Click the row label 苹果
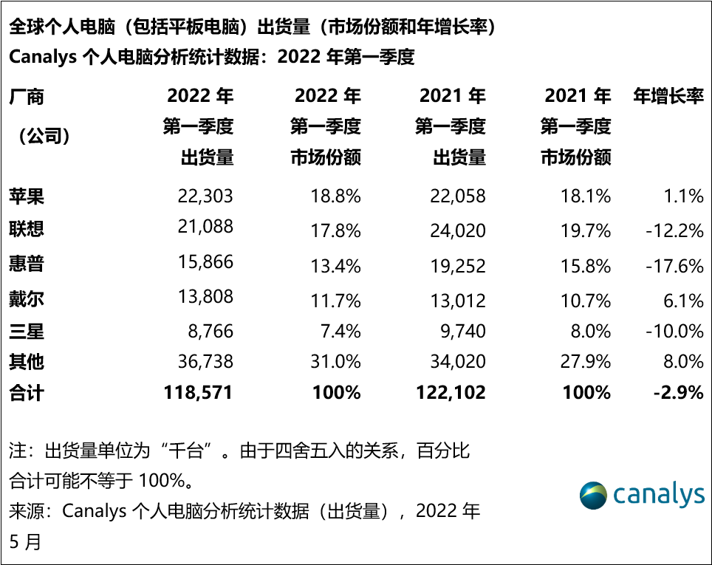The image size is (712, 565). tap(27, 196)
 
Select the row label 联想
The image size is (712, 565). tap(27, 228)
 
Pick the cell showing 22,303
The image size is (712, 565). tap(205, 196)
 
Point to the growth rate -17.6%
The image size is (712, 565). tap(674, 264)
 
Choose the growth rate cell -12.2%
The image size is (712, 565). tap(674, 230)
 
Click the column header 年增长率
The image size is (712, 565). tap(668, 96)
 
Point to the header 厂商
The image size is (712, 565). tap(27, 96)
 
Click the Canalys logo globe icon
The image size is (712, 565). tap(593, 495)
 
